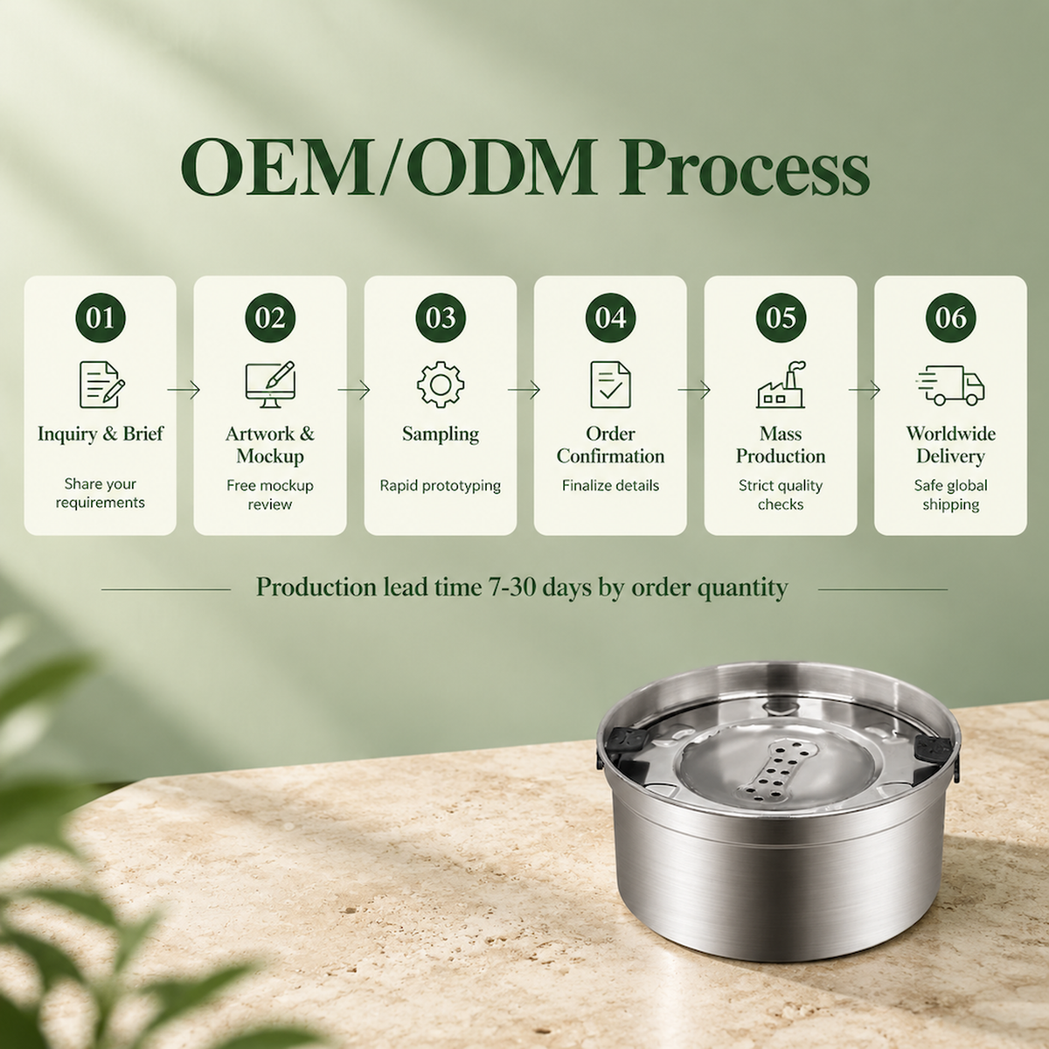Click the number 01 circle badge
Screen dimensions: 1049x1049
click(101, 317)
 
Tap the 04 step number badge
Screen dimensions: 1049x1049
click(610, 317)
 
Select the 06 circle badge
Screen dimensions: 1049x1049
click(950, 317)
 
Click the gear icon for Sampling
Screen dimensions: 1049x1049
click(441, 385)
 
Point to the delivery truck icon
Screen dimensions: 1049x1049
click(950, 385)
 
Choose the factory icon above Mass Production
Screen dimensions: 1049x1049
click(781, 385)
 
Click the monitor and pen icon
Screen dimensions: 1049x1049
click(270, 385)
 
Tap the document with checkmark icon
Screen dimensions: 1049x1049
click(610, 385)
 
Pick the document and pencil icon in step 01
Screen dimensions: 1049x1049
click(101, 385)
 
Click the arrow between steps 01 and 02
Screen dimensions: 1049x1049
click(184, 390)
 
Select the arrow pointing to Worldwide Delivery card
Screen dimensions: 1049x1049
click(864, 390)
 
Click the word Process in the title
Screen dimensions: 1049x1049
click(744, 167)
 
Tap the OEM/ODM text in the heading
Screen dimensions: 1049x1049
click(387, 167)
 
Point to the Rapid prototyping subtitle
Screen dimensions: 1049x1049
click(441, 485)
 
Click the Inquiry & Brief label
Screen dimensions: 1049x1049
click(101, 434)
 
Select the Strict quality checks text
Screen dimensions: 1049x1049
click(781, 494)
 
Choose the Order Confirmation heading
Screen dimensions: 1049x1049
click(610, 445)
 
